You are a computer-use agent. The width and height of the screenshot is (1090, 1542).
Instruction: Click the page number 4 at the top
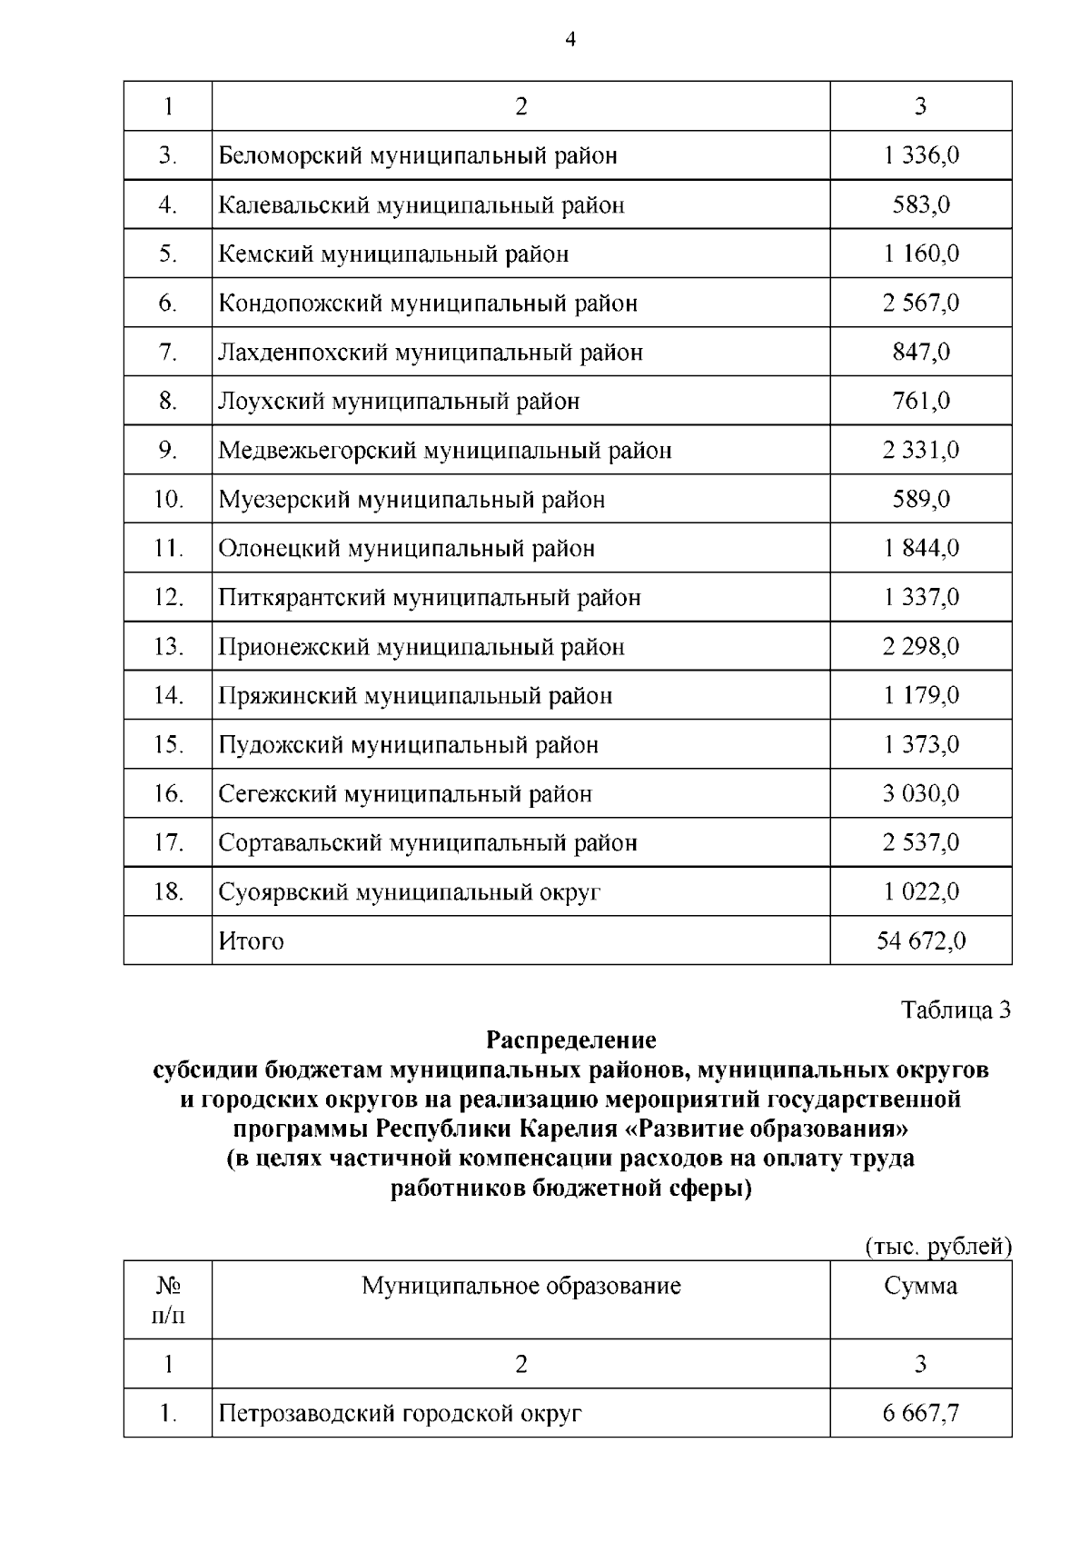click(570, 39)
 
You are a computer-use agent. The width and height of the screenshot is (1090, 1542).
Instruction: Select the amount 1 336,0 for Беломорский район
click(920, 155)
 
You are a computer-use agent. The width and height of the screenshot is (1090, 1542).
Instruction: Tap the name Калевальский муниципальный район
click(421, 204)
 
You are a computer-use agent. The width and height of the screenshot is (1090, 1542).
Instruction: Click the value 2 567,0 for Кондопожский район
click(920, 303)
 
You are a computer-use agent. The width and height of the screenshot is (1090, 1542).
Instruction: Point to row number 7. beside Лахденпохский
click(168, 352)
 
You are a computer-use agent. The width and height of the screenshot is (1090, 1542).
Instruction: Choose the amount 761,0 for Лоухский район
click(921, 401)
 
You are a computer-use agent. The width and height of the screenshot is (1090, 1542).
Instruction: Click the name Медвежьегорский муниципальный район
click(445, 450)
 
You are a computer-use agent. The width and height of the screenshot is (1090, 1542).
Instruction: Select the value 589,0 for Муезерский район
click(921, 499)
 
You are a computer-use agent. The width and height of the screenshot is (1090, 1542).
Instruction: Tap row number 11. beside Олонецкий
click(168, 548)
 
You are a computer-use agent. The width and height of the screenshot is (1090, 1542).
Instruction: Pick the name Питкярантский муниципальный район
click(430, 597)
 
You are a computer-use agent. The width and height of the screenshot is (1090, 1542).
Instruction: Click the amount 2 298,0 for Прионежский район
click(920, 647)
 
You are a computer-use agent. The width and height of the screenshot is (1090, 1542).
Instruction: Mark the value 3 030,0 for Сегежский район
click(920, 794)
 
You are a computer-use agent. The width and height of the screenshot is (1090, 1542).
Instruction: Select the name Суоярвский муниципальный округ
click(410, 892)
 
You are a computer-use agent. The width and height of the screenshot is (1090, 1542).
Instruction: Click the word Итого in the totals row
click(252, 941)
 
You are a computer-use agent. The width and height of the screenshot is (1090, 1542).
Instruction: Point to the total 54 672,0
click(920, 941)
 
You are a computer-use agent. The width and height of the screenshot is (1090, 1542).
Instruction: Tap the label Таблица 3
click(956, 1010)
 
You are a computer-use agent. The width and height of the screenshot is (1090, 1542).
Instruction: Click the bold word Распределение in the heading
click(570, 1039)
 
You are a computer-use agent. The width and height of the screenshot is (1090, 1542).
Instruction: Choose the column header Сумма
click(920, 1286)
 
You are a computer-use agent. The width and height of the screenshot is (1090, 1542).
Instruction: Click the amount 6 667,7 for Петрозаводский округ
click(920, 1414)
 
